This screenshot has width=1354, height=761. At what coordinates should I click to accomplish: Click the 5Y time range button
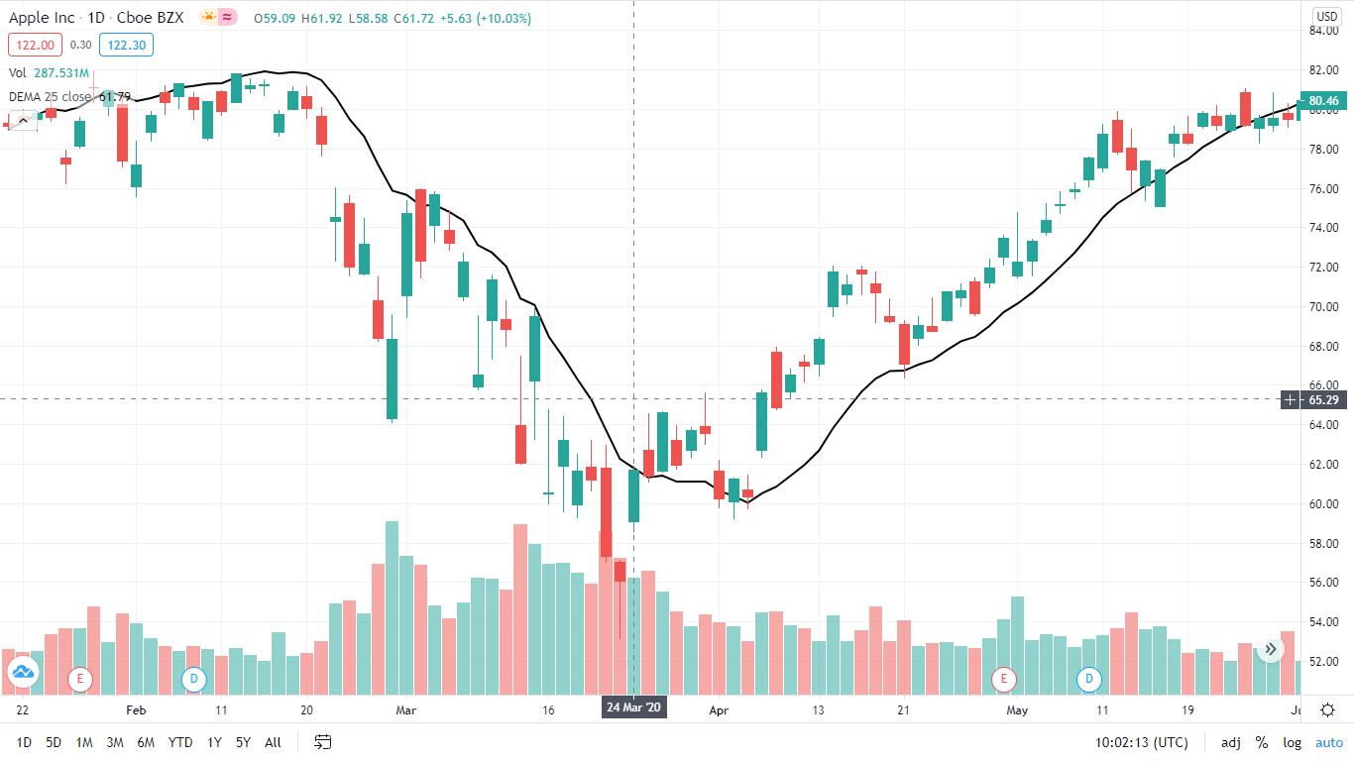(x=243, y=742)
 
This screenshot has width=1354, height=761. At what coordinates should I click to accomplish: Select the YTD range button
(x=180, y=742)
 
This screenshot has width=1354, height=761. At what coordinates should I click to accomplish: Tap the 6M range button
(x=146, y=742)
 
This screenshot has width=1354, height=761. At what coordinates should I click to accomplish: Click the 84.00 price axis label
(x=1323, y=31)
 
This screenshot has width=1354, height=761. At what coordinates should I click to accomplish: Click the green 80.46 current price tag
(x=1323, y=101)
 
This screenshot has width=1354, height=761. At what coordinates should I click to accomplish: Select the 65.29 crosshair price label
(x=1323, y=400)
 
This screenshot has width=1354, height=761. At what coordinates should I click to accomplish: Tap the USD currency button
(x=1326, y=16)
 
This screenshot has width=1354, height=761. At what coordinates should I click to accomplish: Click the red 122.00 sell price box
(x=35, y=45)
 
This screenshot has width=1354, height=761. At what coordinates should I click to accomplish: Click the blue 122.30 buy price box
(x=126, y=45)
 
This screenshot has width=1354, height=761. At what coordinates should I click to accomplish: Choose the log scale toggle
(x=1292, y=742)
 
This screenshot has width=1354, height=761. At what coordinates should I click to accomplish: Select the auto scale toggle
(x=1328, y=742)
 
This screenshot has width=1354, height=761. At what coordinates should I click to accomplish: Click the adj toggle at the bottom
(x=1230, y=742)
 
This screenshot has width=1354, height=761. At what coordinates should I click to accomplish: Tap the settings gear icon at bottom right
(x=1327, y=709)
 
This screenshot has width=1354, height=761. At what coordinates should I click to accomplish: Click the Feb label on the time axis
(x=136, y=710)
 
